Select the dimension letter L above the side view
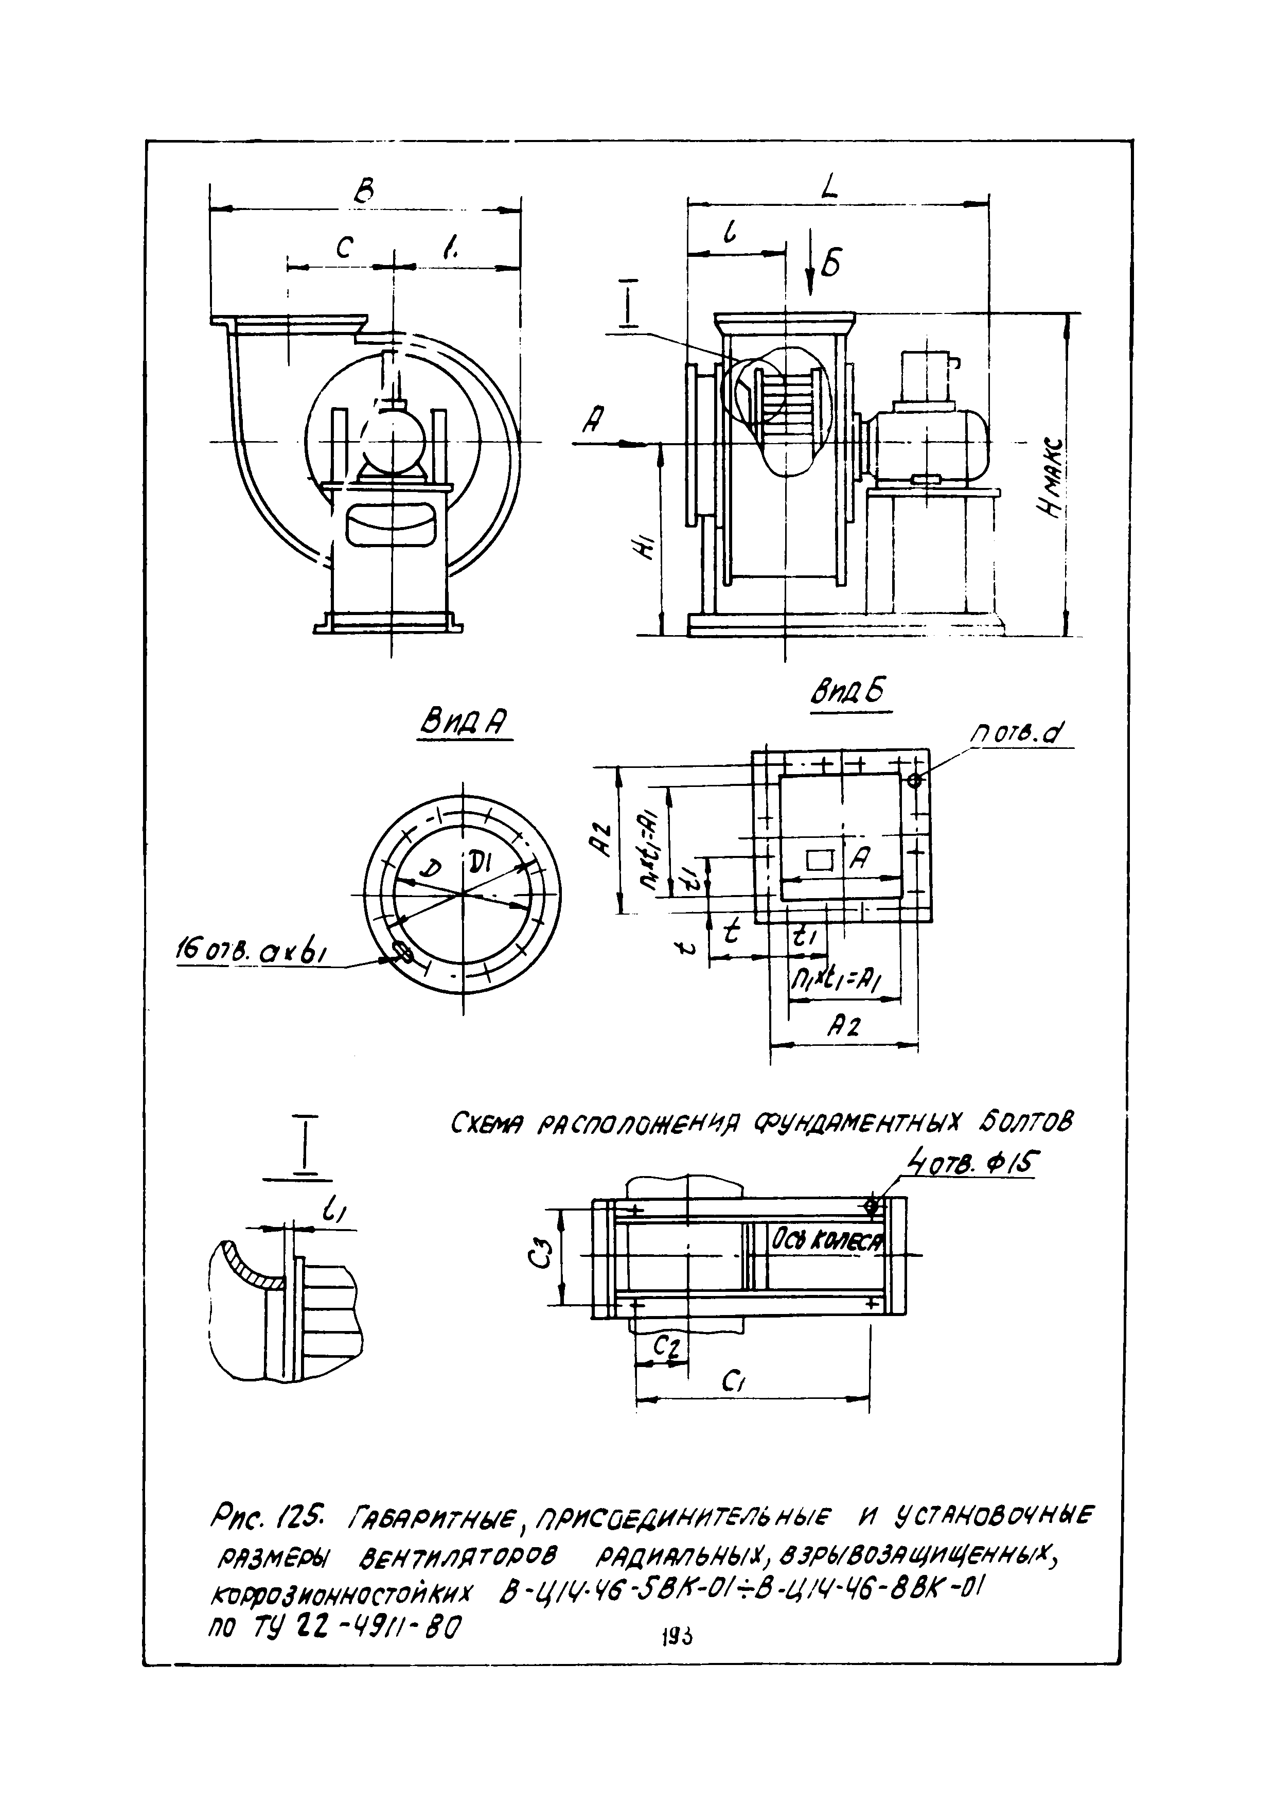(x=829, y=186)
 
